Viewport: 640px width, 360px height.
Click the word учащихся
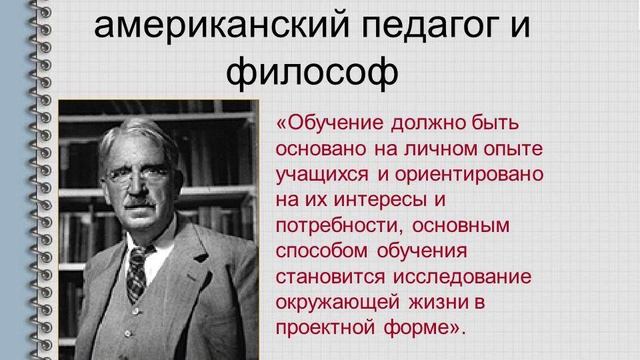tap(314, 174)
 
